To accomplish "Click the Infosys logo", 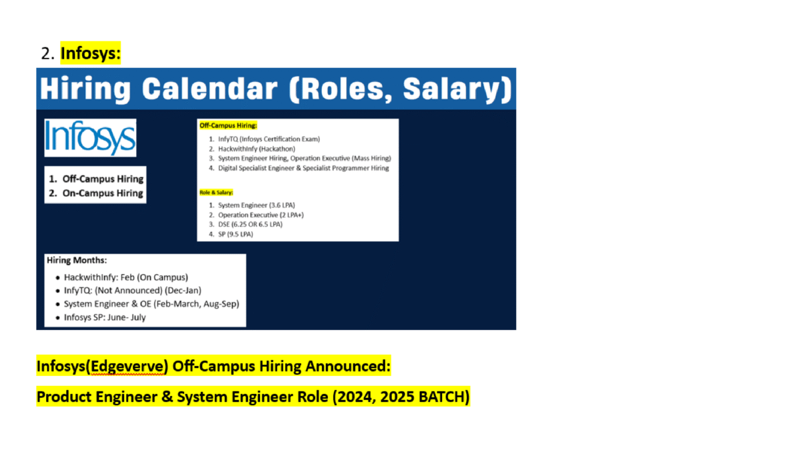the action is click(90, 138).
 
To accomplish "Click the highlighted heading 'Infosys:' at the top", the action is click(91, 53).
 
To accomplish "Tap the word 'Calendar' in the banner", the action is click(209, 89).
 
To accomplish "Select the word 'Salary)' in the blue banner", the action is click(457, 89).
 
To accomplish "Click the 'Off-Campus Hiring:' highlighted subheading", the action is click(228, 125).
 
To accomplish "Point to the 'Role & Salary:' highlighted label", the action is click(216, 193).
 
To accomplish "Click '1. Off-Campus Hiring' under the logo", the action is click(96, 179).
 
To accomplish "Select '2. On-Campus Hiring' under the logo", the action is click(96, 193).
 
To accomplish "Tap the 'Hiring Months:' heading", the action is click(77, 260).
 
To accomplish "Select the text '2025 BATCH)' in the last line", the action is click(425, 397).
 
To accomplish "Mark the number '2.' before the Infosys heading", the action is click(47, 53).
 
